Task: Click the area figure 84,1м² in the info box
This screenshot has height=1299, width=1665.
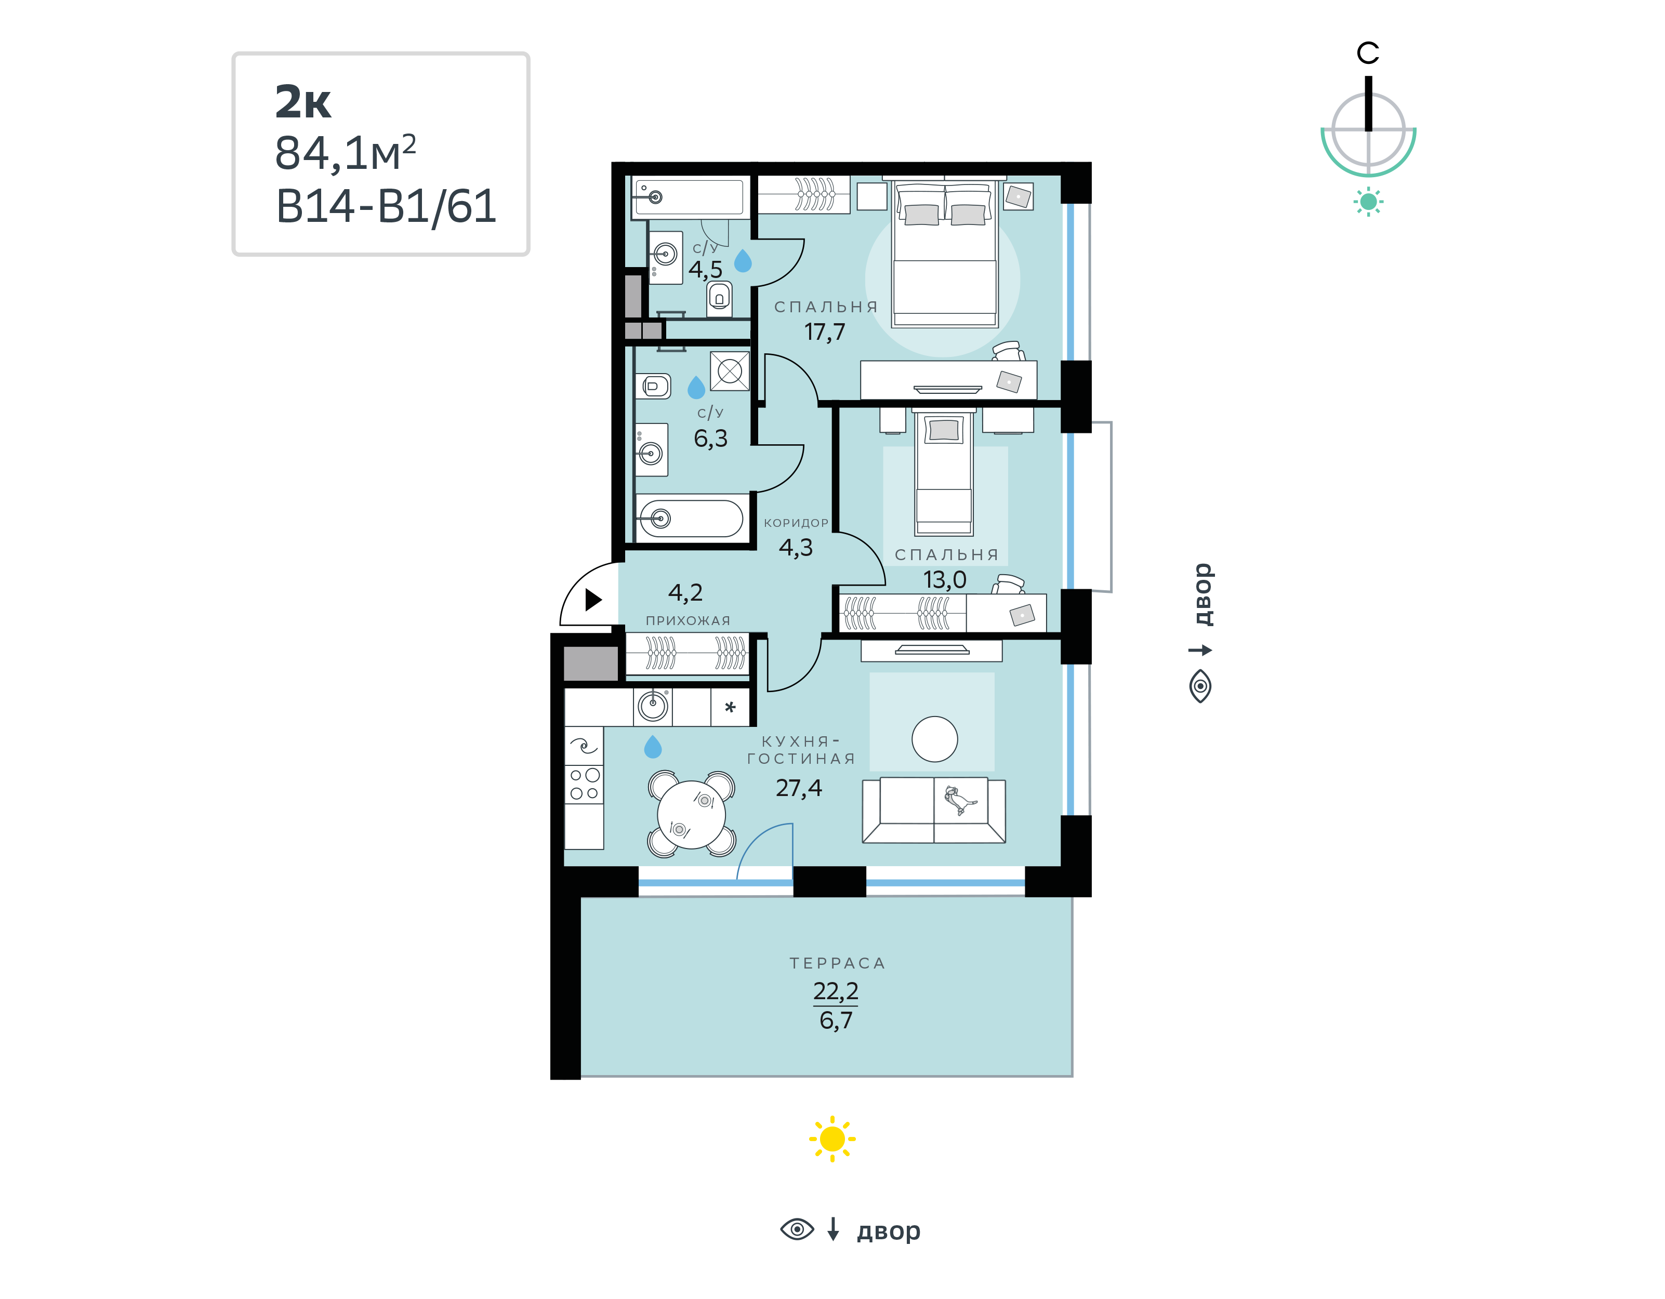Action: point(346,153)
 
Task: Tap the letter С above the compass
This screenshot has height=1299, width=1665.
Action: point(1368,52)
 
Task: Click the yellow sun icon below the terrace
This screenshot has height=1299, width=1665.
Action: point(832,1139)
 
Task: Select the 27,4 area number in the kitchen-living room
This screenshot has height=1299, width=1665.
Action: point(798,788)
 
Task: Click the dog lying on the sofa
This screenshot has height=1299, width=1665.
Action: point(959,800)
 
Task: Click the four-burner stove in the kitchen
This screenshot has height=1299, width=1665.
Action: point(584,784)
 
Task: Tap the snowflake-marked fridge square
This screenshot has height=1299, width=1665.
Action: point(730,707)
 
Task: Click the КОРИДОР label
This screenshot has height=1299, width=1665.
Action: point(796,523)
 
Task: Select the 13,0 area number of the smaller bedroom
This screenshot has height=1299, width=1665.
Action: point(945,579)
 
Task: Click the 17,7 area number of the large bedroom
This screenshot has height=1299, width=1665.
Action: point(825,332)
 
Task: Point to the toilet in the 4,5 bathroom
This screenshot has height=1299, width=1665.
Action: point(719,297)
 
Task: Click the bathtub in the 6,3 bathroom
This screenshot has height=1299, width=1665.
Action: point(689,519)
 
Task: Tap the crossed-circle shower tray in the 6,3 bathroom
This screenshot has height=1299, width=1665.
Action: point(730,371)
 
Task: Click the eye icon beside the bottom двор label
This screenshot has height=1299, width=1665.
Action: point(797,1229)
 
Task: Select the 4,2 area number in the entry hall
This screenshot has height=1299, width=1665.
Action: point(685,592)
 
